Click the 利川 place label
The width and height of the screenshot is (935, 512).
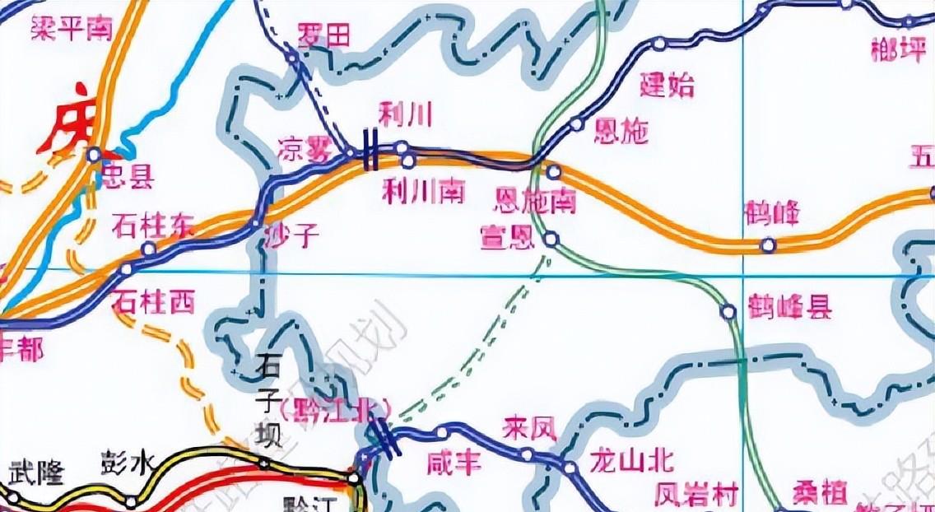(x=405, y=114)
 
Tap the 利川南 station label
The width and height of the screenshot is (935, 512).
(x=424, y=191)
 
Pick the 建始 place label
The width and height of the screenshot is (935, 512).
(x=668, y=85)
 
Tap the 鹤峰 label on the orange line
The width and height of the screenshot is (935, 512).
(x=771, y=212)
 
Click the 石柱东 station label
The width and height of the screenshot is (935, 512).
(x=154, y=225)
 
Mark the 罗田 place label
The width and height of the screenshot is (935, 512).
(x=323, y=35)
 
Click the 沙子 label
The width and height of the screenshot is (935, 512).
(x=291, y=237)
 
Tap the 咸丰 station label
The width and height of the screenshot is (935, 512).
(x=453, y=463)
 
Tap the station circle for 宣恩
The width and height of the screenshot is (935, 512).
(x=551, y=240)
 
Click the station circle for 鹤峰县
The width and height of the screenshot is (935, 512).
(x=728, y=312)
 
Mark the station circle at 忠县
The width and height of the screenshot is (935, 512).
(x=95, y=154)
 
